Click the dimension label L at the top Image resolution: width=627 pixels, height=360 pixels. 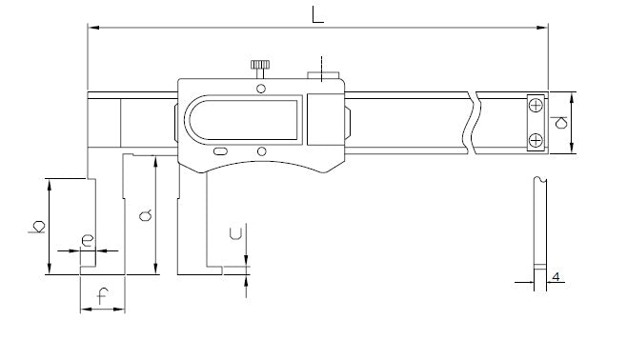pyautogui.click(x=314, y=14)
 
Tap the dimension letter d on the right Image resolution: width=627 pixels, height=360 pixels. pyautogui.click(x=560, y=122)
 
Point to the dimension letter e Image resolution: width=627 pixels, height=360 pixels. pyautogui.click(x=87, y=241)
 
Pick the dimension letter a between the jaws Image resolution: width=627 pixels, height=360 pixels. pyautogui.click(x=145, y=216)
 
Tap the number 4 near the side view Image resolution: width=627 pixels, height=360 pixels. pyautogui.click(x=555, y=277)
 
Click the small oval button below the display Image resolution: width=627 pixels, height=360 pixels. pyautogui.click(x=220, y=150)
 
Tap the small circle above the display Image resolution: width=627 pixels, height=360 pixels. pyautogui.click(x=260, y=88)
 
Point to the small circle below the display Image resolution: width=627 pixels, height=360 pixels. pyautogui.click(x=260, y=150)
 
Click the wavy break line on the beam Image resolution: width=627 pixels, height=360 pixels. pyautogui.click(x=470, y=121)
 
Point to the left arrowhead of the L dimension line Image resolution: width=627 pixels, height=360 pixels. pyautogui.click(x=93, y=29)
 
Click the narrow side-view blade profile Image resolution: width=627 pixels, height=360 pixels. pyautogui.click(x=538, y=229)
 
